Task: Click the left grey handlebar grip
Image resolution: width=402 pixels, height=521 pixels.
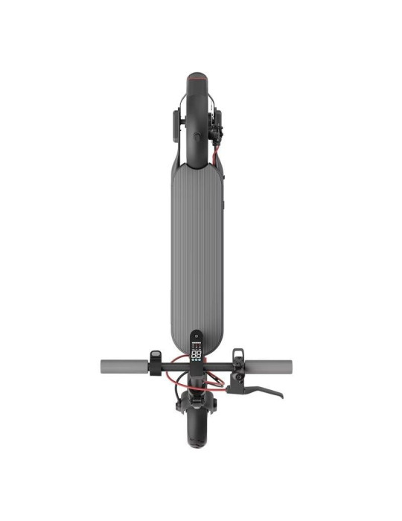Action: [x=122, y=367]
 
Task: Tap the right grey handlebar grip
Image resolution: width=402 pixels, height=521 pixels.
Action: [x=272, y=367]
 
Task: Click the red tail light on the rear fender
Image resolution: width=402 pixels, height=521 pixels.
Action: [x=197, y=75]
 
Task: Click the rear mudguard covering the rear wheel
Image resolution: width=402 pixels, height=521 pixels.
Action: [x=197, y=112]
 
